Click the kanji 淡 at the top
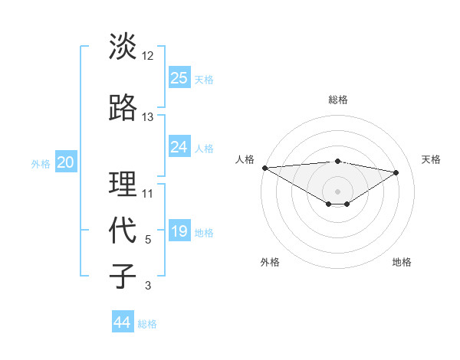(123, 47)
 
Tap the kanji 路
(123, 109)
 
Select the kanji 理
(123, 185)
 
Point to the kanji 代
(123, 231)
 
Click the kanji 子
(123, 277)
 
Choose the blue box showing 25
(179, 77)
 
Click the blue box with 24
(179, 147)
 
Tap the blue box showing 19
(179, 231)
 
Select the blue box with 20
(66, 162)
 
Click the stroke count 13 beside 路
(148, 116)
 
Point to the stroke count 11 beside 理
(148, 193)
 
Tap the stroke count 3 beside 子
(148, 286)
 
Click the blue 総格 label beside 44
(148, 324)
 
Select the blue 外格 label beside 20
(41, 163)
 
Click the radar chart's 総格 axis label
(337, 100)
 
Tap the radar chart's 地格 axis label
(402, 262)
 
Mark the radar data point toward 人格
(264, 168)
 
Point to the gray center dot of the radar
(337, 191)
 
